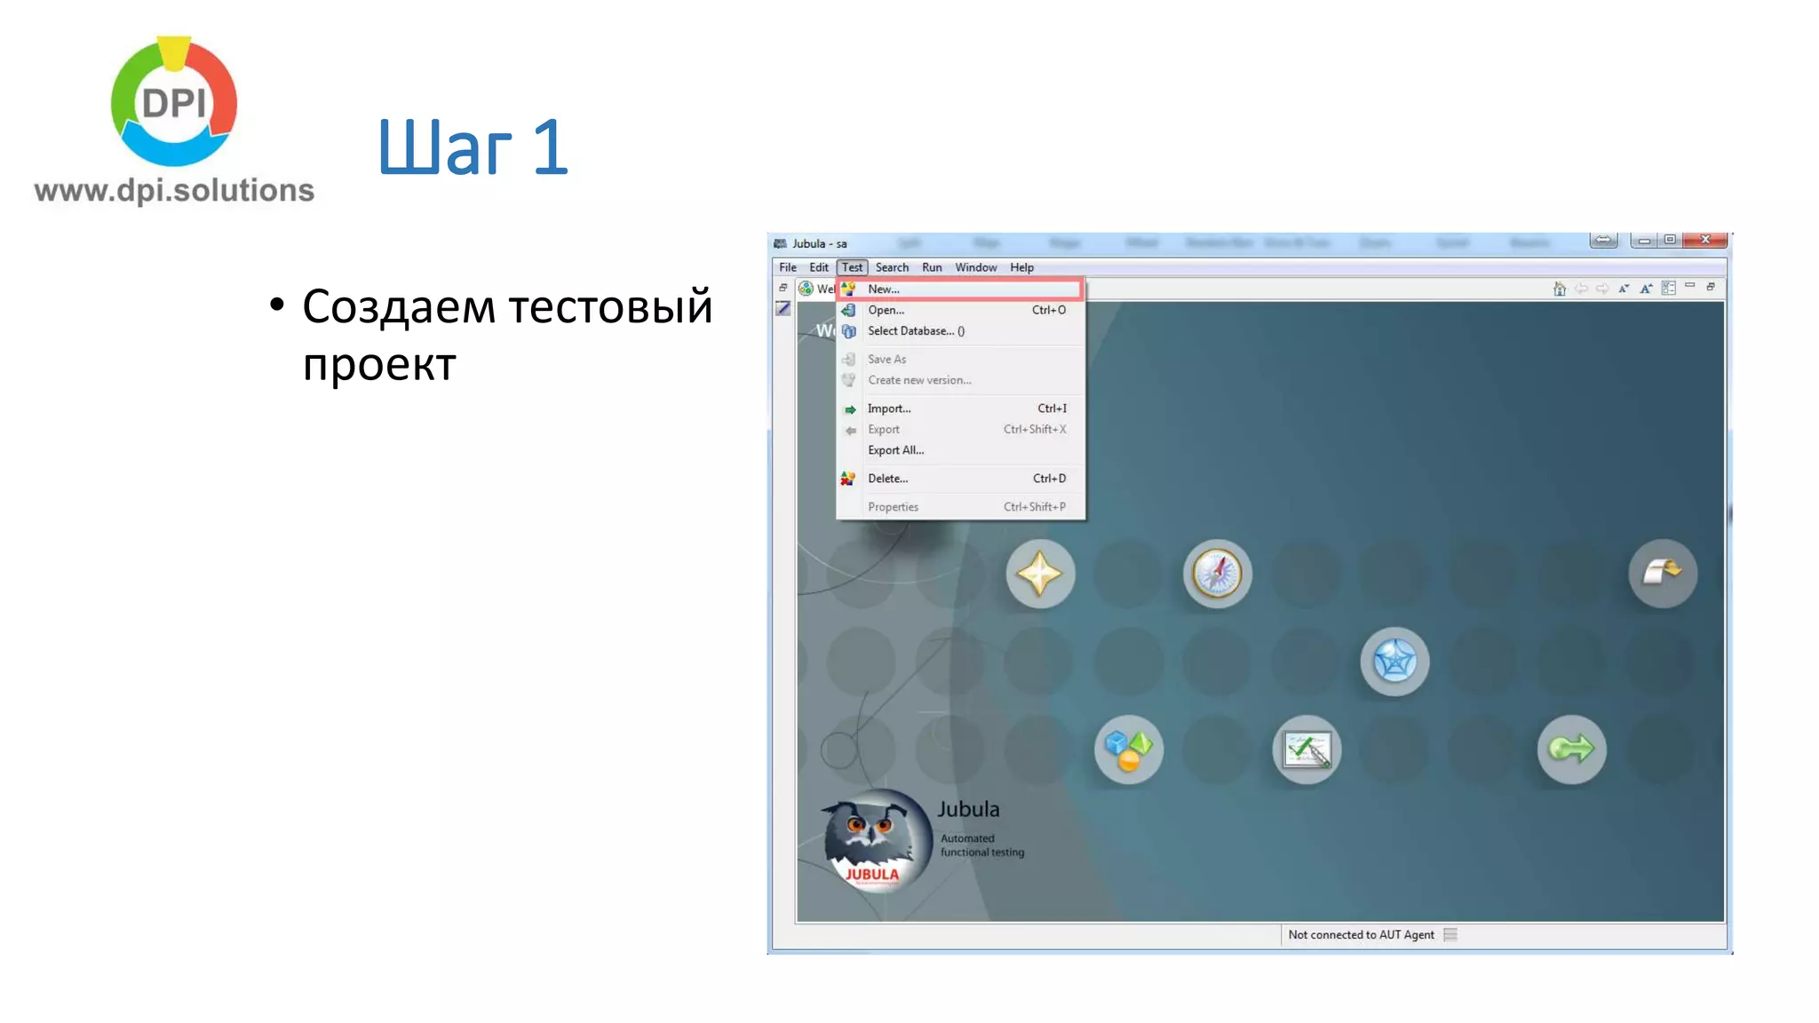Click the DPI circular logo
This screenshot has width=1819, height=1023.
pos(174,102)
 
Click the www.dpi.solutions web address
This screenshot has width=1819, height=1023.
pos(174,190)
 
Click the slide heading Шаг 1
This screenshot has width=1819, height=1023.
pos(472,147)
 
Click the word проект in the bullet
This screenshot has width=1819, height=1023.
pos(379,364)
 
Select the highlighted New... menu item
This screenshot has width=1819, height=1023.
pos(884,289)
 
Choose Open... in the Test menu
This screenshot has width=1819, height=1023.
pos(886,310)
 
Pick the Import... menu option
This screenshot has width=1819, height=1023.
pos(889,408)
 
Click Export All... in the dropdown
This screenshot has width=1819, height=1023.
pos(895,450)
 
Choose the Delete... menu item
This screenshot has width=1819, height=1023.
pos(887,479)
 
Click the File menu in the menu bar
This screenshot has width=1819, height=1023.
pos(787,267)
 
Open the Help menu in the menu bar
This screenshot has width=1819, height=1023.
pos(1021,267)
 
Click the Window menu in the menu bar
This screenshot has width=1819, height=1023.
pos(975,267)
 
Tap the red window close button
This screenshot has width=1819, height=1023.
pos(1704,240)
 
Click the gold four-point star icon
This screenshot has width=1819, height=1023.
pos(1040,574)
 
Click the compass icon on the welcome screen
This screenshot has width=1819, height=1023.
pos(1217,574)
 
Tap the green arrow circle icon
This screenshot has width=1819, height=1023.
pos(1571,749)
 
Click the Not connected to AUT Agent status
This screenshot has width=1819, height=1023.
pos(1361,935)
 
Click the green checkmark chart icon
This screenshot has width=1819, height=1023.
pos(1307,749)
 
